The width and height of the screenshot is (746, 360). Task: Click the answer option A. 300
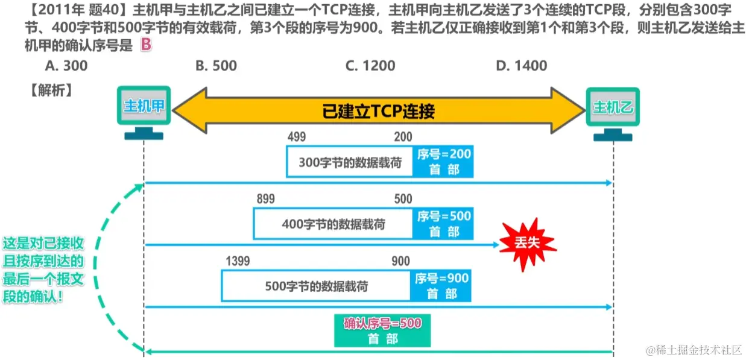tap(66, 66)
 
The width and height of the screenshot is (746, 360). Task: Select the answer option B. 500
tap(216, 66)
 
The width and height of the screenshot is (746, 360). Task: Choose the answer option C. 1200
tap(370, 66)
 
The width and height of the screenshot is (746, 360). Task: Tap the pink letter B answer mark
tap(145, 46)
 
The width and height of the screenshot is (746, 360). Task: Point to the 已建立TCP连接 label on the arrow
tap(379, 111)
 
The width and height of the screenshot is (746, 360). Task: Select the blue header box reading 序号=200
tap(444, 162)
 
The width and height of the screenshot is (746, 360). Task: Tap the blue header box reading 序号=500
tap(444, 224)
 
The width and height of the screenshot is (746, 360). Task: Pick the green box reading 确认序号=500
tap(382, 330)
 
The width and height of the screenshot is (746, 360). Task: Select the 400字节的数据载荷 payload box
tap(333, 224)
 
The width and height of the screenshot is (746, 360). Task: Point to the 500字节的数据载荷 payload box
tap(316, 286)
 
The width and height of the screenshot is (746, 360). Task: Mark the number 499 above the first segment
tap(297, 137)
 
